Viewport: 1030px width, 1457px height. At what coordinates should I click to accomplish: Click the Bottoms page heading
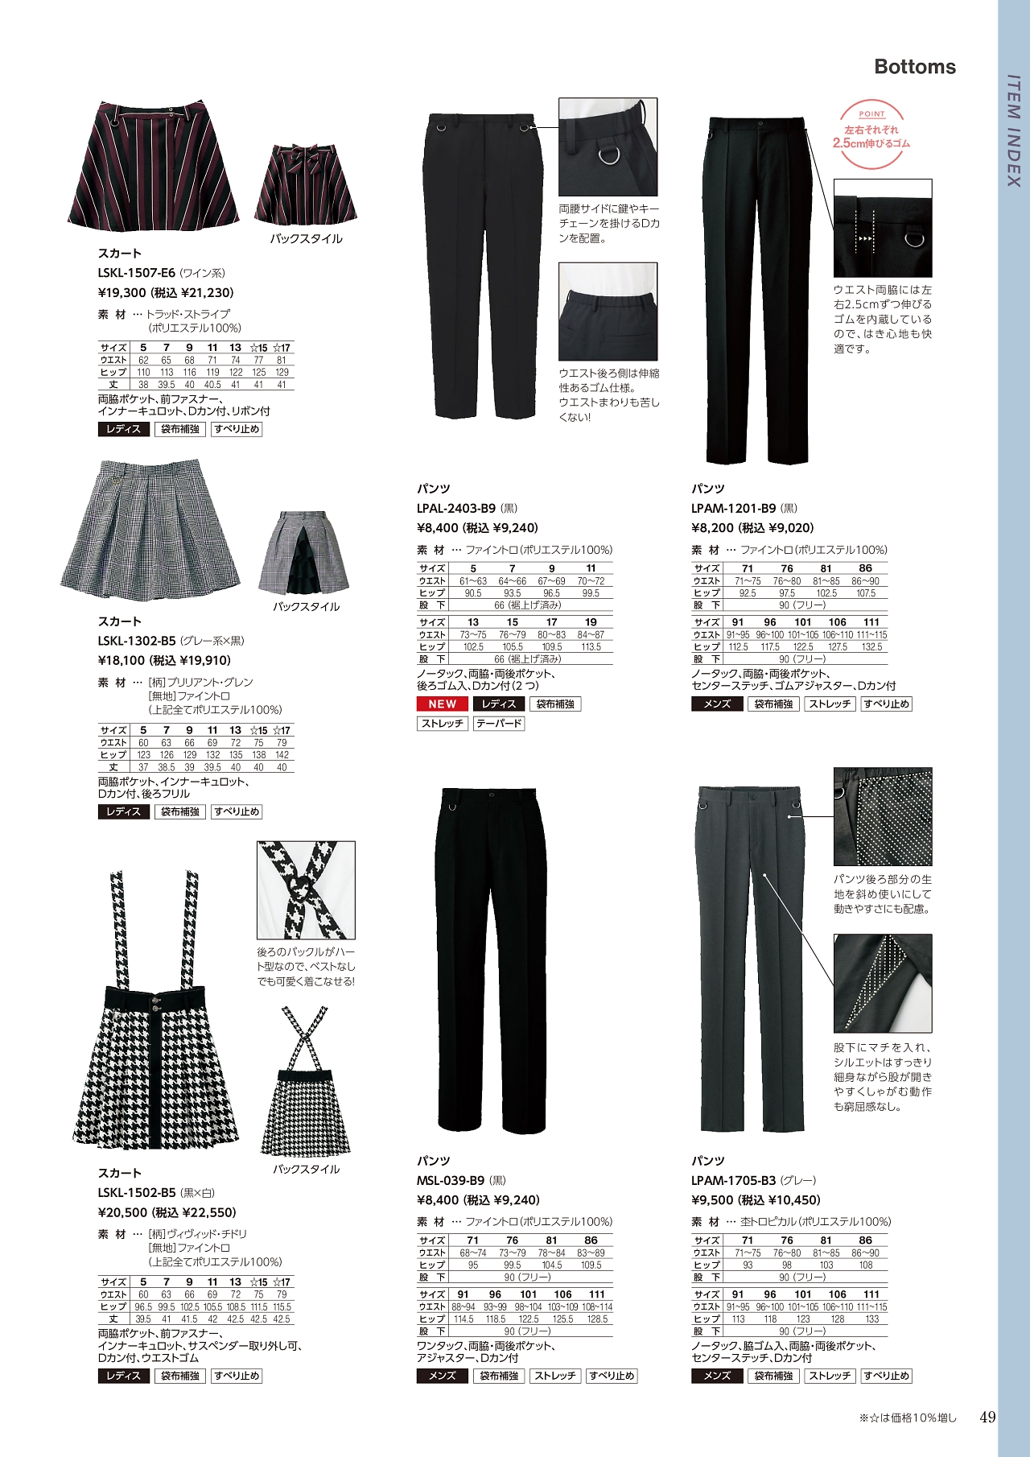[915, 67]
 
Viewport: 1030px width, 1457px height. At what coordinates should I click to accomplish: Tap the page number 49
[987, 1418]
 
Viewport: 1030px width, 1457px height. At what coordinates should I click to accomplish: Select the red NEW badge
[442, 704]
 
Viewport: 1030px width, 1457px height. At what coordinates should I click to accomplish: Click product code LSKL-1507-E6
[136, 273]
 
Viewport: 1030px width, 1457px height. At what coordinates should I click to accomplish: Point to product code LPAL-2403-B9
[456, 509]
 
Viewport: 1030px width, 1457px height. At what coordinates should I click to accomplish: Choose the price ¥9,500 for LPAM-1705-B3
[712, 1200]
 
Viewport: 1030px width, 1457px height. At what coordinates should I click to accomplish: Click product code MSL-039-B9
[451, 1181]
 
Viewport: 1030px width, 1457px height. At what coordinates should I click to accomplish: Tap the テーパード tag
[499, 724]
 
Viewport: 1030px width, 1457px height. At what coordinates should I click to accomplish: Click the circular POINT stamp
[871, 135]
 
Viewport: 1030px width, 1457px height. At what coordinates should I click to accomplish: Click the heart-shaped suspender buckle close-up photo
[306, 890]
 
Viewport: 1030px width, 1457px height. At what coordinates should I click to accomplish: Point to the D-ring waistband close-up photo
[608, 147]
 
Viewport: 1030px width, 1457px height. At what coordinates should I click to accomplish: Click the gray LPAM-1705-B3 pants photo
[750, 958]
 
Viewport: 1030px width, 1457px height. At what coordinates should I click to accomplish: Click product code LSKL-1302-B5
[136, 642]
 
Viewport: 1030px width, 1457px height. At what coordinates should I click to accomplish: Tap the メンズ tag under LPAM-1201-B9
[717, 704]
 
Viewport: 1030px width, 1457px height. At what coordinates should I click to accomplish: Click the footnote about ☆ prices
[907, 1418]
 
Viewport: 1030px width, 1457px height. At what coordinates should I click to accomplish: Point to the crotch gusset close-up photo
[883, 983]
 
